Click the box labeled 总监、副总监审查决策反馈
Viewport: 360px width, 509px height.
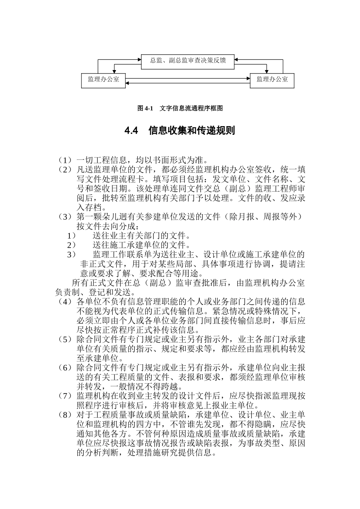[188, 61]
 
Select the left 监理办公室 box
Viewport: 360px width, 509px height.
[103, 80]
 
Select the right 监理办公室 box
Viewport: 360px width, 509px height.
[272, 80]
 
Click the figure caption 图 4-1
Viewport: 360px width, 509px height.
[144, 108]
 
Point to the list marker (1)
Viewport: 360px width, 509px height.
[64, 160]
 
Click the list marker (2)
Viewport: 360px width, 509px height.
[64, 170]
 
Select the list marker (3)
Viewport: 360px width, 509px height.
[64, 217]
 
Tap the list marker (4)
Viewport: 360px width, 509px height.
[64, 302]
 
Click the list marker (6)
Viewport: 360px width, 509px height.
[64, 368]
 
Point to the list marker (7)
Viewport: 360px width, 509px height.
[64, 396]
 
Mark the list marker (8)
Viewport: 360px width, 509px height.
[64, 415]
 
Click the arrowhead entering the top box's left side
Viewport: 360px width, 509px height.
[139, 59]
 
